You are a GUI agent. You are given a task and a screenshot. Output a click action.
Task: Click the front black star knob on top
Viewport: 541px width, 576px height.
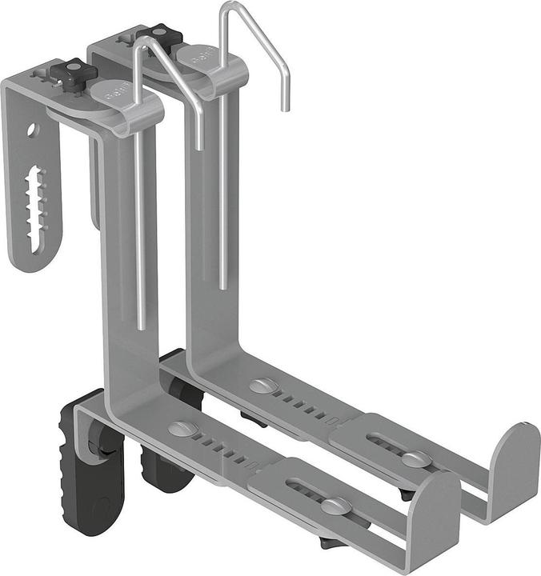(74, 73)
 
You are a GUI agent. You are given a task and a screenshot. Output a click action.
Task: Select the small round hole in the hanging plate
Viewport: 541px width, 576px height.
(33, 128)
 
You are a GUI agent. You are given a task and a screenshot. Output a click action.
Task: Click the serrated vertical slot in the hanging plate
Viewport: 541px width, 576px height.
(36, 200)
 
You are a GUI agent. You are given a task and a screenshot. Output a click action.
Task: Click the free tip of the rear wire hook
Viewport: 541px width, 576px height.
(283, 107)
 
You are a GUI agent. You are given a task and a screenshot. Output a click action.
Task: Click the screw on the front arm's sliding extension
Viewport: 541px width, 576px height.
(334, 506)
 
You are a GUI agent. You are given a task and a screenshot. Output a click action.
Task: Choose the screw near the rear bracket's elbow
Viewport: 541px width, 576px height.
(261, 386)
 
